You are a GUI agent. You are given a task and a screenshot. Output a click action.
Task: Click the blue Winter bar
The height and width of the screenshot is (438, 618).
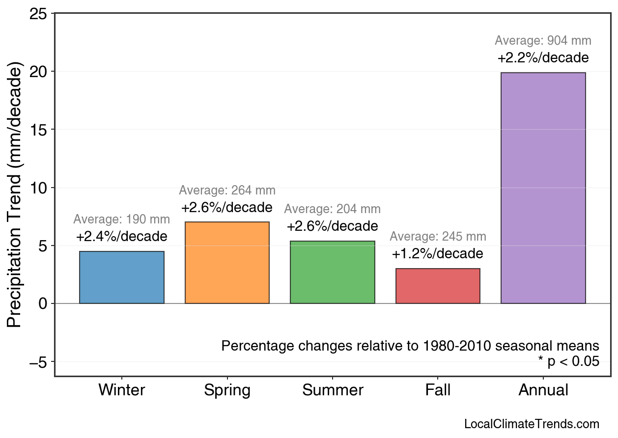click(122, 277)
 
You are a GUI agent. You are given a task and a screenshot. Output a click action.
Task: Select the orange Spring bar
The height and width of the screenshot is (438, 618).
click(227, 263)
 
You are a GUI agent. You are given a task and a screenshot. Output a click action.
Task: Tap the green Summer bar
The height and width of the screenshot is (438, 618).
click(333, 272)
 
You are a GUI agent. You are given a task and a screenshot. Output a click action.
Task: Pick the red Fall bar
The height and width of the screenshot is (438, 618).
click(438, 286)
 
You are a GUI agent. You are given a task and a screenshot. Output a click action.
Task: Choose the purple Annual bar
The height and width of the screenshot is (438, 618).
click(543, 188)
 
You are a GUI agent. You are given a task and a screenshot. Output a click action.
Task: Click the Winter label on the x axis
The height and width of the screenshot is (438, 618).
click(122, 390)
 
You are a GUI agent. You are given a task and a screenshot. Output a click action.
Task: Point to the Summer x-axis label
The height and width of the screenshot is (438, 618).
click(333, 390)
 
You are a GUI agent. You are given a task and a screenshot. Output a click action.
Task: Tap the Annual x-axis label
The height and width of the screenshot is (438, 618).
click(543, 390)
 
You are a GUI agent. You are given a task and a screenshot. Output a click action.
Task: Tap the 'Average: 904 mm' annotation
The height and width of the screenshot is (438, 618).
click(543, 41)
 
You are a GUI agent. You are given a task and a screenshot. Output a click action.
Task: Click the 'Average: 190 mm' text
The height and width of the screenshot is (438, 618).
click(122, 219)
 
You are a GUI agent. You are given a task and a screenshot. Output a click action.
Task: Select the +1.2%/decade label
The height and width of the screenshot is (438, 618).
click(438, 254)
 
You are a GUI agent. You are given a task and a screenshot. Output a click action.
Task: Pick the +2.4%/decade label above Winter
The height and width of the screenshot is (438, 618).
click(122, 237)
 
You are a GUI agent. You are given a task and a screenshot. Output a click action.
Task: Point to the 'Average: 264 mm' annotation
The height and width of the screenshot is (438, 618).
click(227, 191)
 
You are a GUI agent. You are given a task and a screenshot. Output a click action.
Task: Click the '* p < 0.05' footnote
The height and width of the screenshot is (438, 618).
click(568, 362)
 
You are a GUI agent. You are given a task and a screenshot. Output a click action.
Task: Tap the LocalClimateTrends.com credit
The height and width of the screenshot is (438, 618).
click(532, 424)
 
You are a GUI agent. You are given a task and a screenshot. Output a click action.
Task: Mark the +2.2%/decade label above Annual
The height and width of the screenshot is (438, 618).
click(543, 58)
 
